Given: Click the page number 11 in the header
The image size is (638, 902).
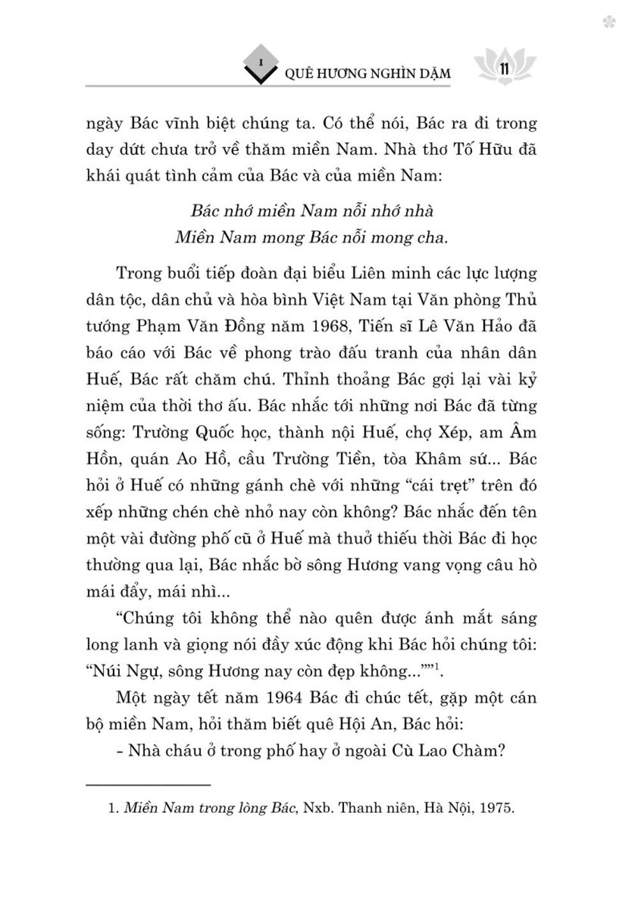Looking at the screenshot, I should coord(503,68).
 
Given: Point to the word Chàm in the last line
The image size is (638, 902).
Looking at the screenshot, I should coord(478,750).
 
